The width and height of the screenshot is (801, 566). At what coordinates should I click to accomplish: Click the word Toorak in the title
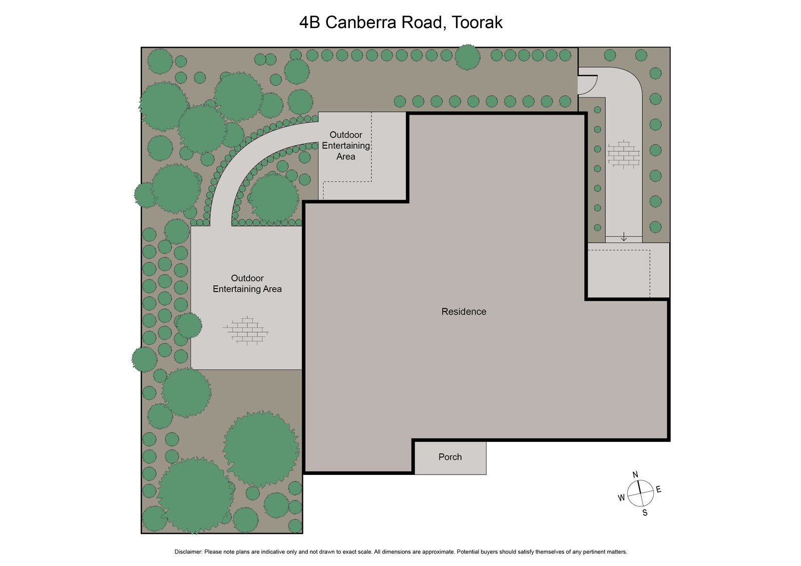point(477,23)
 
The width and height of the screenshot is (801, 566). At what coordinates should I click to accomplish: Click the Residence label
point(464,312)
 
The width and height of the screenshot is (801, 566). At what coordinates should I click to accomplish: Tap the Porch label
point(450,457)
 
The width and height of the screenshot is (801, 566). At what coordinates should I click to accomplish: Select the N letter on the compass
point(635,475)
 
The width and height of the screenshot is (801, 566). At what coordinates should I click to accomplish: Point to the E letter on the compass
point(658,489)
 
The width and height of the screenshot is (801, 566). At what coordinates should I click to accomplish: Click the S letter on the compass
point(645,512)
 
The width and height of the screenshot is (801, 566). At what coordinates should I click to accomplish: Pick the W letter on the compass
point(621,497)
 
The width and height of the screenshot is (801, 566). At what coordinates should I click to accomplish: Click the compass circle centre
point(640,493)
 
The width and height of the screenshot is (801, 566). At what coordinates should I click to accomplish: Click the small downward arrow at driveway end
point(624,237)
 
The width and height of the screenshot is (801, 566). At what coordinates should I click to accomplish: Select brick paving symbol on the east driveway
point(623,153)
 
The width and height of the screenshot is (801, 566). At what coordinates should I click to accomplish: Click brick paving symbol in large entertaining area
point(246,330)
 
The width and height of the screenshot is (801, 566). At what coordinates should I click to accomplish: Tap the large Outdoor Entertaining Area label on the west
point(247,284)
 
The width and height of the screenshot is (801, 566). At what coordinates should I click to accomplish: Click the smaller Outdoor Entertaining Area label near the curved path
point(345,146)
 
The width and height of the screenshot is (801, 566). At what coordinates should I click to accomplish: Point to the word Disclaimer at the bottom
point(188,551)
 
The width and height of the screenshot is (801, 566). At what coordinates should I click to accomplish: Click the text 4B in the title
point(309,23)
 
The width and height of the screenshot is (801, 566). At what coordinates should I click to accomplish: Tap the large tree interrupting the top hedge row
point(467,57)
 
